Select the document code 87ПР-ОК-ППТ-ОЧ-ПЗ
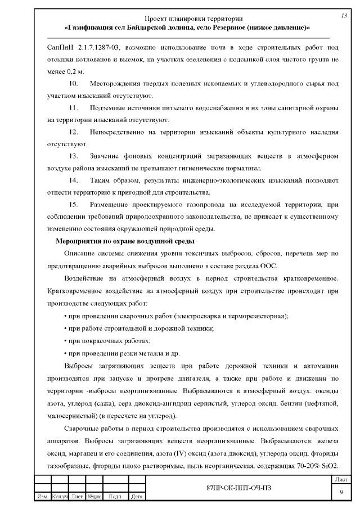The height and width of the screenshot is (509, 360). [238, 487]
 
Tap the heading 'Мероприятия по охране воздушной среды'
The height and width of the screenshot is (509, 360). [124, 241]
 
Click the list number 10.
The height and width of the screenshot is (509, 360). [73, 83]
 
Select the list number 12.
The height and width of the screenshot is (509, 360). [73, 132]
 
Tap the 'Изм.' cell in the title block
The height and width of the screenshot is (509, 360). [42, 497]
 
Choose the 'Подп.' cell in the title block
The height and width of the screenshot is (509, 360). [115, 497]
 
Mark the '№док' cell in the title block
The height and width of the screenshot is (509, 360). [94, 497]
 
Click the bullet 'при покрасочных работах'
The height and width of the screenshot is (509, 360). [109, 341]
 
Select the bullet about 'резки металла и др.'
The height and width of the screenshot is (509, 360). [123, 353]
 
